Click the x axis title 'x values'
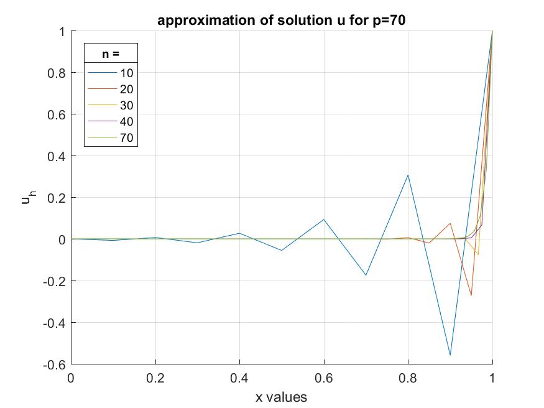[281, 396]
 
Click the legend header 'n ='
[111, 54]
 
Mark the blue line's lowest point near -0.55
[450, 355]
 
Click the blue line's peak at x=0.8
[408, 175]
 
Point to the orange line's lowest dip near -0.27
[471, 295]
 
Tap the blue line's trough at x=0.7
[366, 275]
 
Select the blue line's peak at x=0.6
[324, 220]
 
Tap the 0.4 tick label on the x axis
[239, 378]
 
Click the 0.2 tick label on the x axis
[155, 378]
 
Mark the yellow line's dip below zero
[477, 254]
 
